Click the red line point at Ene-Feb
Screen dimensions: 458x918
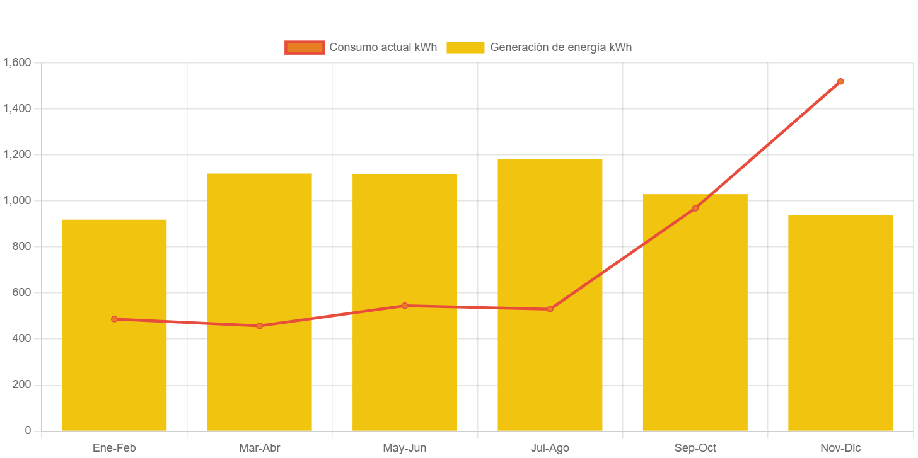point(114,319)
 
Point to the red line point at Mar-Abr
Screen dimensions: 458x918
point(259,326)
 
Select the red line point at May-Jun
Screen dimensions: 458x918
point(405,306)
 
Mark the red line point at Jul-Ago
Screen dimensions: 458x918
point(550,309)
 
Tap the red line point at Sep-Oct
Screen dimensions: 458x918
point(695,209)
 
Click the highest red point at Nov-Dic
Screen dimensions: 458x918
point(840,81)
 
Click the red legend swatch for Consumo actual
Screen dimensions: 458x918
point(305,47)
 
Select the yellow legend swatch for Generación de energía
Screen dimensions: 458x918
point(465,47)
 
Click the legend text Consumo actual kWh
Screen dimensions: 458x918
point(383,47)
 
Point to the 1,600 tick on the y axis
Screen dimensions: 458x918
point(17,62)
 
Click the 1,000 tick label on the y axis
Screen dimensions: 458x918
point(17,200)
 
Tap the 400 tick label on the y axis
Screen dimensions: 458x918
point(21,338)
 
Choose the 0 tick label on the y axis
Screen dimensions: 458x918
point(28,430)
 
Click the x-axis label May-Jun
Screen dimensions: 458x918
point(405,448)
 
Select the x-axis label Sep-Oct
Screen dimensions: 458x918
point(695,448)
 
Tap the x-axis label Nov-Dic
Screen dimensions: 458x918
point(840,448)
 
